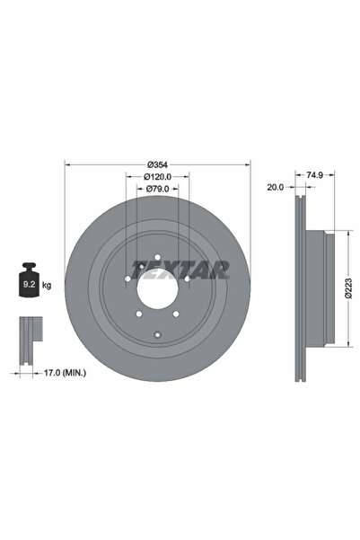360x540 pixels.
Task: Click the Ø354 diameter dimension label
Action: coord(158,164)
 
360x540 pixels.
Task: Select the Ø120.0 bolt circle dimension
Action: coord(158,177)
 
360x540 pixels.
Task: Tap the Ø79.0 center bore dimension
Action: coord(158,190)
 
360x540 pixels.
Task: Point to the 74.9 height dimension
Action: coord(314,177)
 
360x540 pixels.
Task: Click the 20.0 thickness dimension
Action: coord(276,188)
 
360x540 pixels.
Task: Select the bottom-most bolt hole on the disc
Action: coord(158,335)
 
